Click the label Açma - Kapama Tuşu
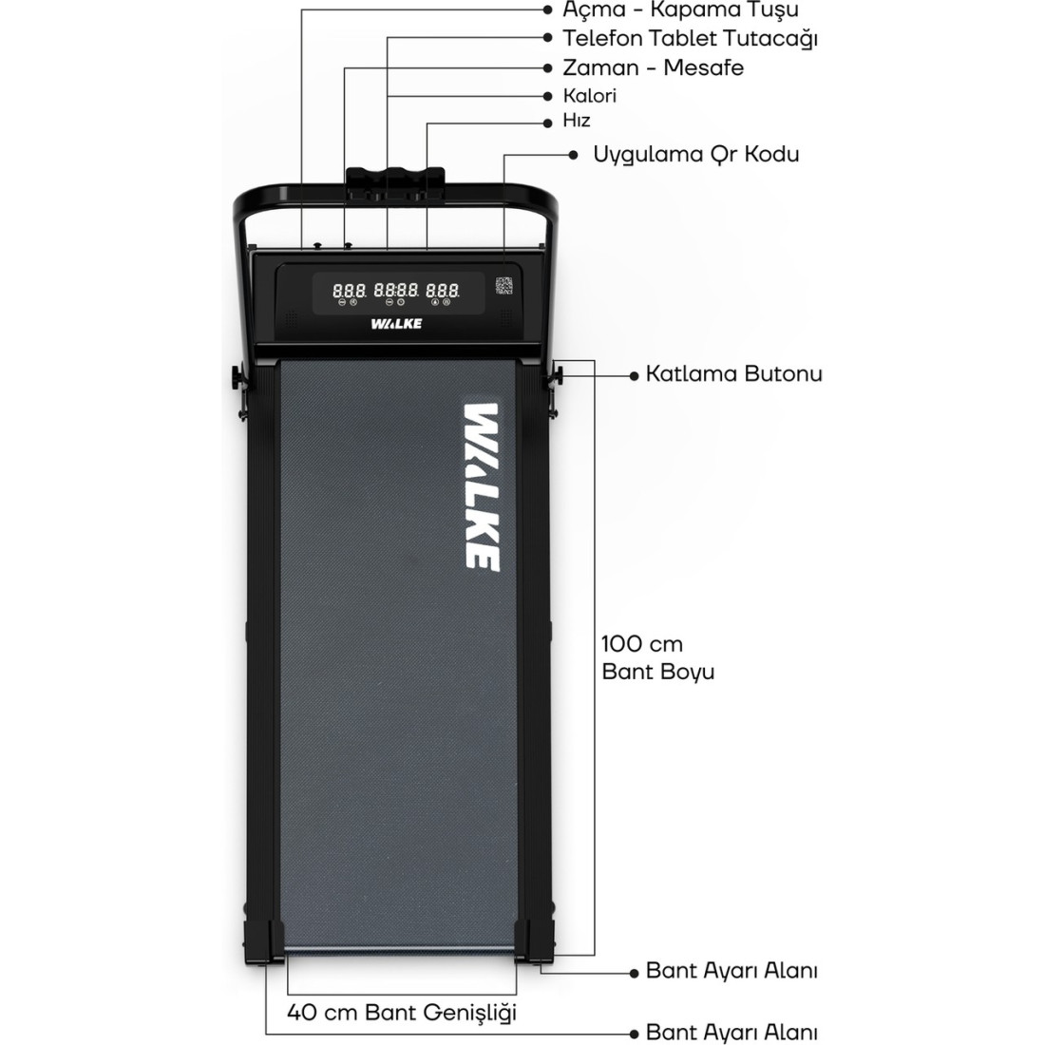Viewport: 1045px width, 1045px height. [680, 10]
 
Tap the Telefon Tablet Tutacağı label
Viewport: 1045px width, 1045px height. [690, 39]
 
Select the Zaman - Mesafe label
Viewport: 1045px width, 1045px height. [654, 67]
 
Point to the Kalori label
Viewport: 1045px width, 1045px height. [590, 96]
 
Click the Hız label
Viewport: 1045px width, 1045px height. [577, 121]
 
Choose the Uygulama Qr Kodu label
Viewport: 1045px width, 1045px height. [696, 155]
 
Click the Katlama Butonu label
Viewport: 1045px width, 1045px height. [733, 374]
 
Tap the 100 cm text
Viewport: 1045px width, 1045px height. [642, 644]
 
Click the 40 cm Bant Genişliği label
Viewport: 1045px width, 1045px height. [402, 1013]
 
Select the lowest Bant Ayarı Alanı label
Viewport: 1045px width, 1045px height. [731, 1033]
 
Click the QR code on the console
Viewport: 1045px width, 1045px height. [503, 286]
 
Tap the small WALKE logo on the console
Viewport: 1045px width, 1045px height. [396, 324]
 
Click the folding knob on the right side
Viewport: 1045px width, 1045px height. [557, 376]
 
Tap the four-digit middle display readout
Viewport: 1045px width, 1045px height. [396, 291]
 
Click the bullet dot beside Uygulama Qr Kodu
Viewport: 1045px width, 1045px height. [573, 155]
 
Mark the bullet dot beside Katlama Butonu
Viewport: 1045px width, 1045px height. [635, 376]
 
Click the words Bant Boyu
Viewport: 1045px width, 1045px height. [657, 671]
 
